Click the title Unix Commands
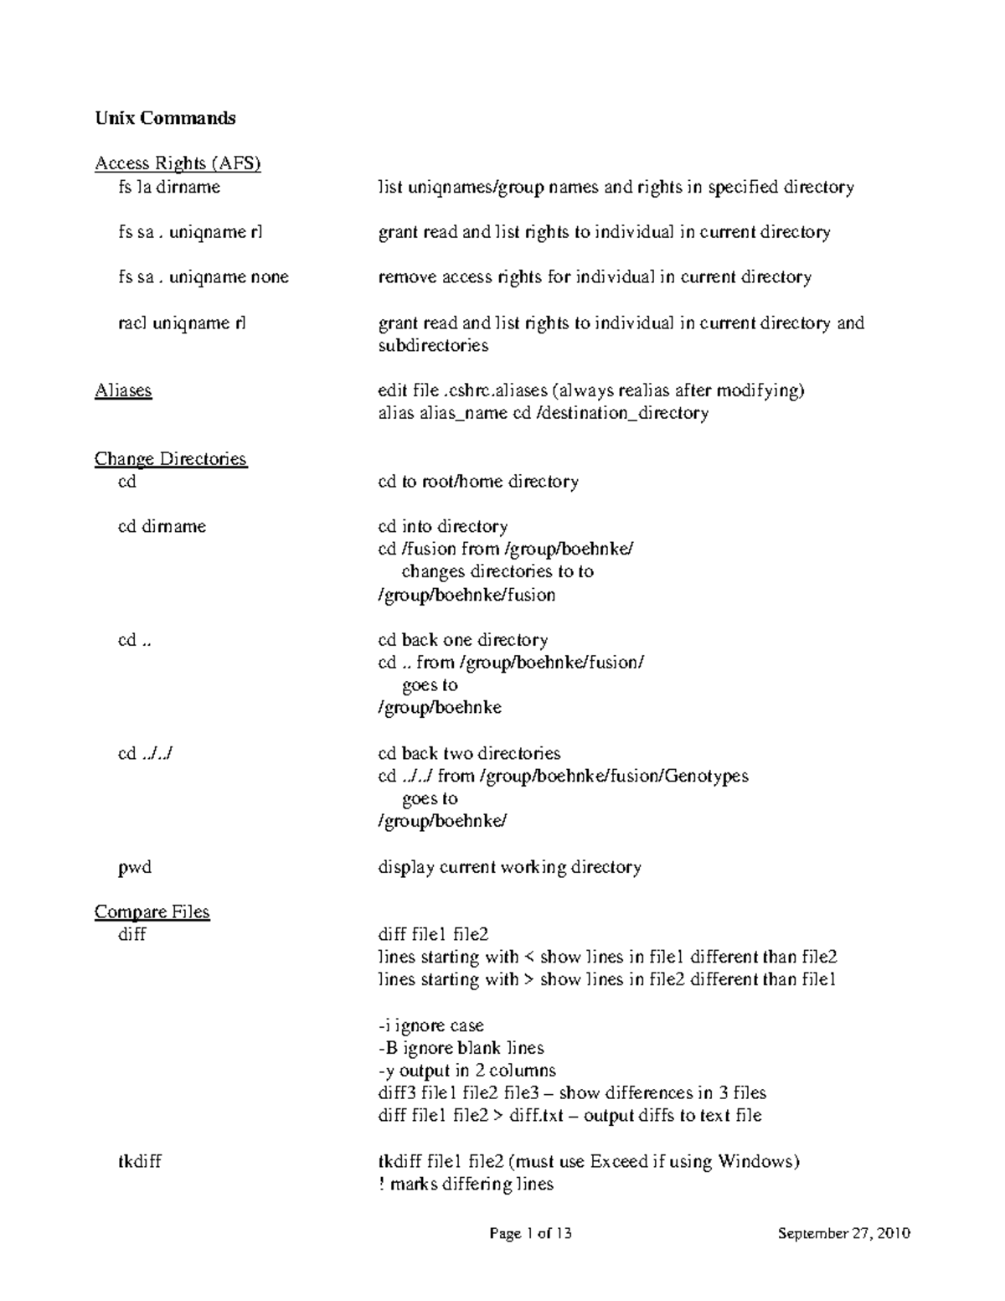pos(165,118)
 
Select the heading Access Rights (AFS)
pos(178,163)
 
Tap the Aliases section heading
pos(123,390)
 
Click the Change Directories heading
pos(171,459)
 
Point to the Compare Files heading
pos(152,911)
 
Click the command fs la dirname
pos(169,187)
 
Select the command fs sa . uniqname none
pos(204,277)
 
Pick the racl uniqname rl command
pos(182,323)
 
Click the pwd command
pos(135,867)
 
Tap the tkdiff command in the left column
pos(140,1162)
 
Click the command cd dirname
pos(162,527)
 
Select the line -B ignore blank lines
pos(461,1048)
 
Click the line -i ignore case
pos(430,1025)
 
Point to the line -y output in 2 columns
pos(466,1071)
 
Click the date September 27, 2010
pos(844,1233)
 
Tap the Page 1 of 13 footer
pos(531,1233)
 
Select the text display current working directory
pos(509,867)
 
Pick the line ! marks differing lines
pos(466,1185)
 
